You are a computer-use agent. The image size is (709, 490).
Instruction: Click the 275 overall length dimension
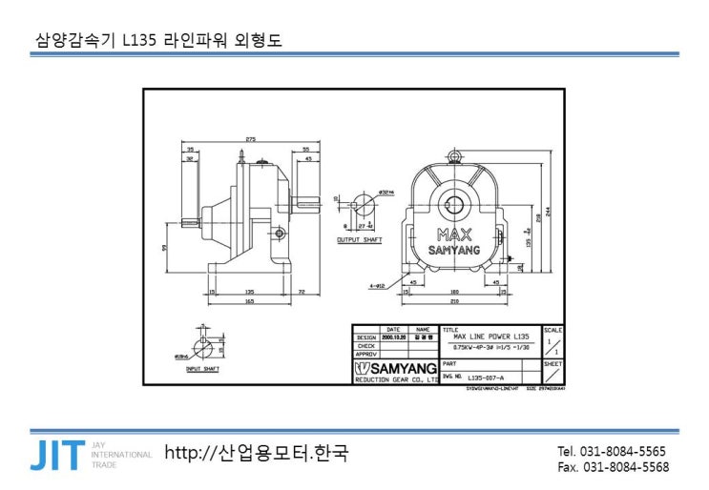coord(250,140)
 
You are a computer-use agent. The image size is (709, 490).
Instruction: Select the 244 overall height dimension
coord(549,211)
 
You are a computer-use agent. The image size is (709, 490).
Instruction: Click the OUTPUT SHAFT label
coord(360,240)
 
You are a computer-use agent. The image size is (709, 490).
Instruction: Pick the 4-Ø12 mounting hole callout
coord(375,285)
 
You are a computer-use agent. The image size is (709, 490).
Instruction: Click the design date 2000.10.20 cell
coord(393,337)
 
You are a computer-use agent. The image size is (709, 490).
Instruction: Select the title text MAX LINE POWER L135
coord(490,337)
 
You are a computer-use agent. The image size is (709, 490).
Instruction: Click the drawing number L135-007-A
coord(486,378)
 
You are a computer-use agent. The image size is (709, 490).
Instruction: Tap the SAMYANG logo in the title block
coord(395,368)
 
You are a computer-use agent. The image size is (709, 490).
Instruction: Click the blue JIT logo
coord(56,455)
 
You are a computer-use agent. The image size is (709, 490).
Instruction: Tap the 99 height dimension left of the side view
coord(165,248)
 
